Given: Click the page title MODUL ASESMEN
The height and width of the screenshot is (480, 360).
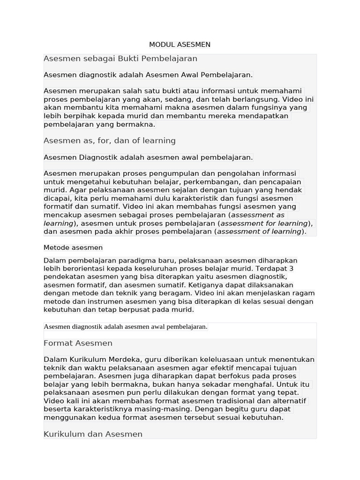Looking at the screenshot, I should (x=180, y=45).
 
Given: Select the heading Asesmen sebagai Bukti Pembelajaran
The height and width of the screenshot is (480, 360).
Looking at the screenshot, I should (x=120, y=59).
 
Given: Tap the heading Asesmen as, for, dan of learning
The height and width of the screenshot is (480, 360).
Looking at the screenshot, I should (x=109, y=141).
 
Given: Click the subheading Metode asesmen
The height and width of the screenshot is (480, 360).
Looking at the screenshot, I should (x=73, y=247).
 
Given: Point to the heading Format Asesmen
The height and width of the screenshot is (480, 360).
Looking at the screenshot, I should (x=78, y=343).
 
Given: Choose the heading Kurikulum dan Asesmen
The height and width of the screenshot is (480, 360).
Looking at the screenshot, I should (x=93, y=434).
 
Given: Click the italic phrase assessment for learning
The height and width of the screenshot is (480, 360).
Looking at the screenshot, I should (x=264, y=223).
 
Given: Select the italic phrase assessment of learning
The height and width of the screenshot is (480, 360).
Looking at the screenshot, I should (x=259, y=232).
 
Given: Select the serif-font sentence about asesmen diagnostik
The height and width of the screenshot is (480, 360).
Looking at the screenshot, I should (x=125, y=327).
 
